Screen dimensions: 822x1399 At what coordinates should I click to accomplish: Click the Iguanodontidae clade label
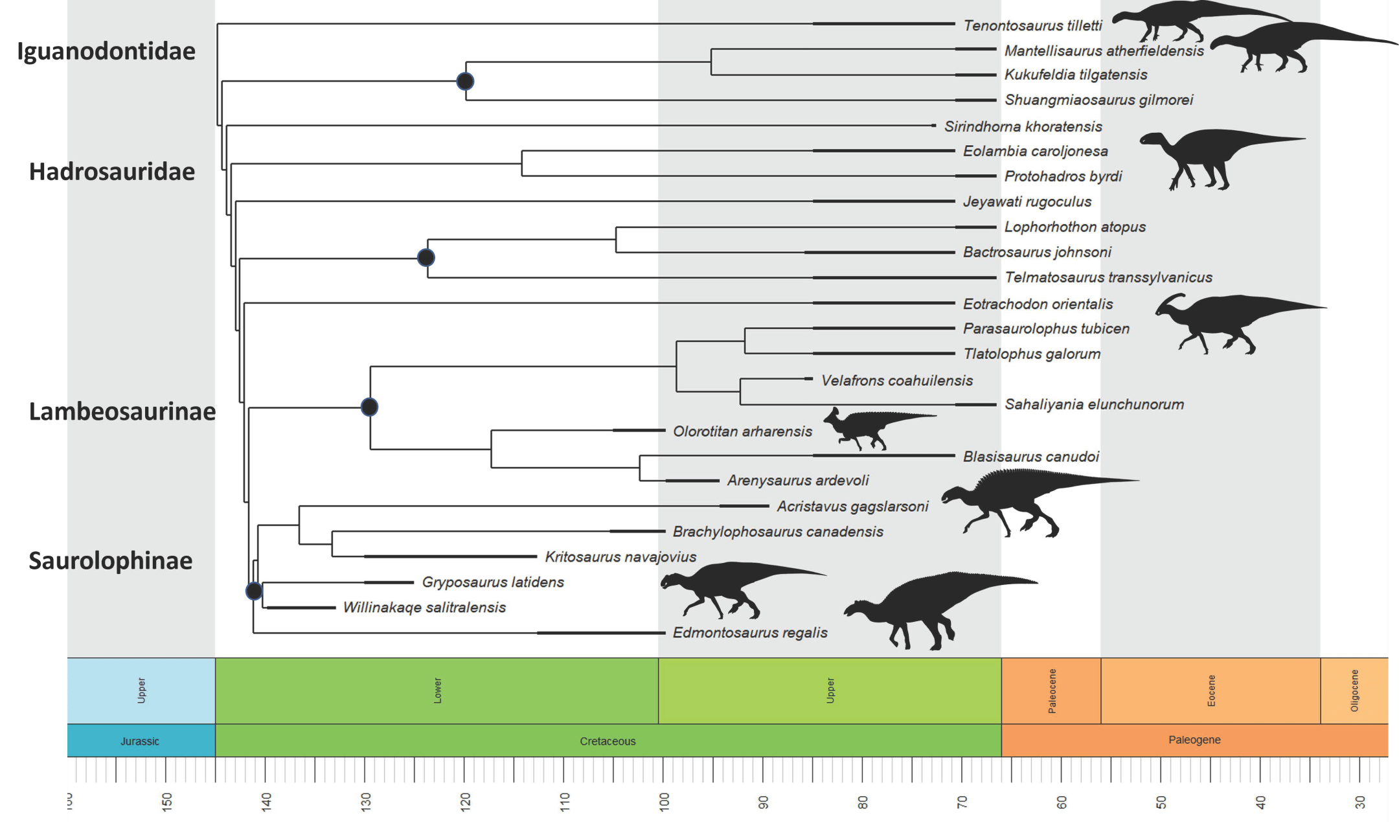point(106,51)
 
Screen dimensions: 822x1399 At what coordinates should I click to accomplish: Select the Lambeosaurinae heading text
point(122,411)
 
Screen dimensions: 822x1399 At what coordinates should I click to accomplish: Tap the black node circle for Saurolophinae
point(254,591)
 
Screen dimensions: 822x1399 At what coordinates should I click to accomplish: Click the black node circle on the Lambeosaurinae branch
point(369,407)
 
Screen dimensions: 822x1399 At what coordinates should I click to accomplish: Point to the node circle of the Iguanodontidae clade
point(465,81)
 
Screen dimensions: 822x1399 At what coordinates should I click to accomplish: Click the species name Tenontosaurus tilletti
point(1032,25)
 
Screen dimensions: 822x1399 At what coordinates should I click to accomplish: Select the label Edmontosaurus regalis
point(750,633)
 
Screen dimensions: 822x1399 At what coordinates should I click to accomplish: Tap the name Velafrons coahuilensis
point(896,380)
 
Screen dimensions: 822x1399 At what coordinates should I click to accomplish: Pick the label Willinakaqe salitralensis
point(424,608)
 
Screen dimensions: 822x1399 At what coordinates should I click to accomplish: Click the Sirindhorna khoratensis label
point(1023,126)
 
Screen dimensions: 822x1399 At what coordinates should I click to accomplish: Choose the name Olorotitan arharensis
point(742,431)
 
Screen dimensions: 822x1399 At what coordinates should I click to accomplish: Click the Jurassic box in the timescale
point(141,741)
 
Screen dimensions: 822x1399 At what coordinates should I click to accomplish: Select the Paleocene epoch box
point(1051,691)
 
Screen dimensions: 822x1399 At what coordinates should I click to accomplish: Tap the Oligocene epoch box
point(1354,691)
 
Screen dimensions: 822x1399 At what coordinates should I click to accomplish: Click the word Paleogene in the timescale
point(1194,740)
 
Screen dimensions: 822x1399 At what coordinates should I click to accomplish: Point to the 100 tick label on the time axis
point(664,801)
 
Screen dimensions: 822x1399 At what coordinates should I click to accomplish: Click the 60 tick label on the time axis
point(1062,802)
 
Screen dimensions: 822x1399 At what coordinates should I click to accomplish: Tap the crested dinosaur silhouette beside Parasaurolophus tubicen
point(1231,321)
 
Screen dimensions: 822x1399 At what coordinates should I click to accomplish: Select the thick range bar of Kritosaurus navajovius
point(450,556)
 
